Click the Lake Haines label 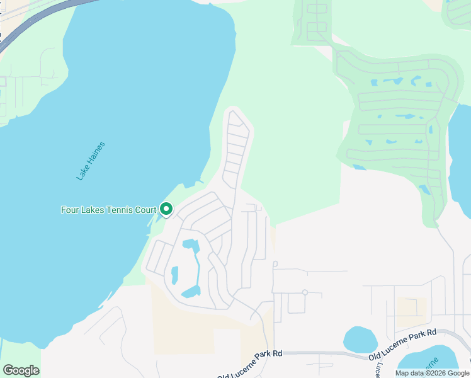coord(91,161)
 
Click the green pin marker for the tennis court coord(166,209)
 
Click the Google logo coord(21,370)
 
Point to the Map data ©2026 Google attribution coord(433,373)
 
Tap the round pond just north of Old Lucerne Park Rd coord(360,339)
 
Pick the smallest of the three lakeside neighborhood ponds coord(174,275)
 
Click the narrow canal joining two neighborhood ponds coord(197,268)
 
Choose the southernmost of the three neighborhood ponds coord(191,291)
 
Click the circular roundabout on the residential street coord(305,292)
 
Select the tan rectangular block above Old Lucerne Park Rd coord(411,307)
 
